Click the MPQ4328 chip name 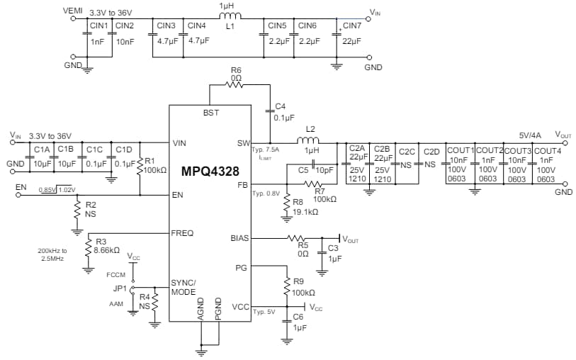pyautogui.click(x=210, y=171)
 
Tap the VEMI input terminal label pyautogui.click(x=73, y=11)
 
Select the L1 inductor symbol pyautogui.click(x=230, y=17)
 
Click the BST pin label pyautogui.click(x=211, y=113)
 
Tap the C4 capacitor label pyautogui.click(x=280, y=106)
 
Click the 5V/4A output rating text pyautogui.click(x=531, y=135)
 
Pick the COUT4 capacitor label pyautogui.click(x=547, y=151)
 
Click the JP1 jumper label pyautogui.click(x=120, y=289)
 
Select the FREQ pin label pyautogui.click(x=182, y=233)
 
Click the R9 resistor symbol pyautogui.click(x=288, y=287)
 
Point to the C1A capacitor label pyautogui.click(x=41, y=150)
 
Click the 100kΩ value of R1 pyautogui.click(x=154, y=170)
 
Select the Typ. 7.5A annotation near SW pyautogui.click(x=266, y=150)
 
